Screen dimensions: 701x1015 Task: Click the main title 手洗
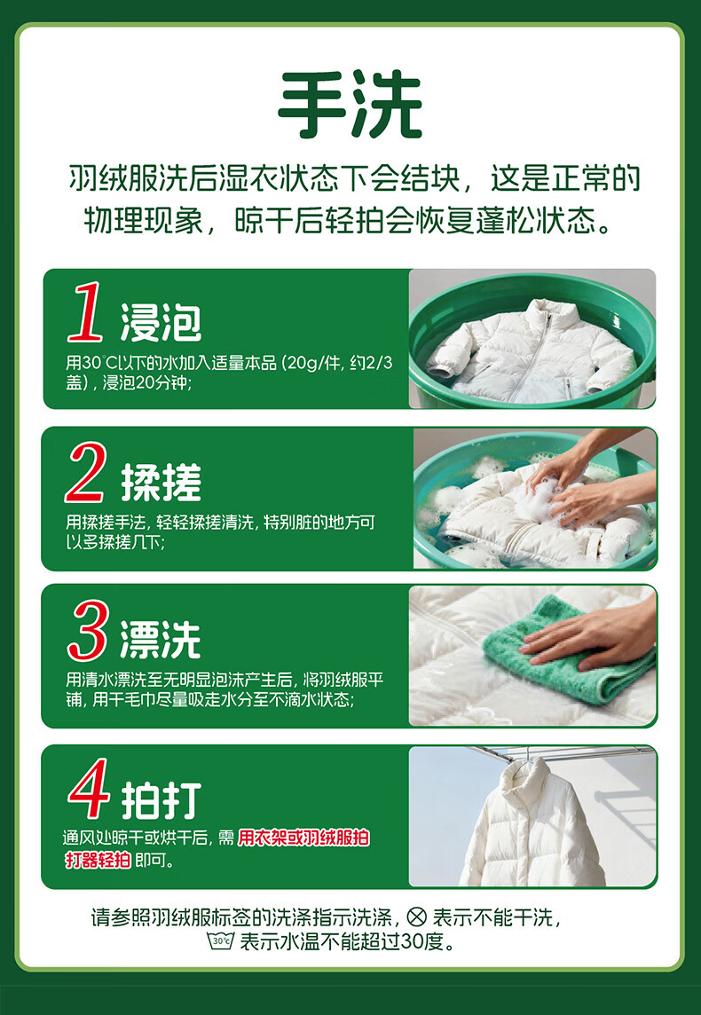click(350, 106)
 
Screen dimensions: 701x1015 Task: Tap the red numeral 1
click(87, 312)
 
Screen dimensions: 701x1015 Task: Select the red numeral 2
click(85, 473)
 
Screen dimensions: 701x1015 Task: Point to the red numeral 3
click(87, 630)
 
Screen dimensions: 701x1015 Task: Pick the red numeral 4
click(89, 789)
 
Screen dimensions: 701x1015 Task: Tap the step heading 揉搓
click(161, 483)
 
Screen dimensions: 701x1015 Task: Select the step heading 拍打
click(161, 800)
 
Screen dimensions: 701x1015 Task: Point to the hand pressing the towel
click(592, 634)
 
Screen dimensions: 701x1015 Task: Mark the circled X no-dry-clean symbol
click(417, 917)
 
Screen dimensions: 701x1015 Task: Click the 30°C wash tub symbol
click(220, 940)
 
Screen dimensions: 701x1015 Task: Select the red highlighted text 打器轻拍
click(98, 861)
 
